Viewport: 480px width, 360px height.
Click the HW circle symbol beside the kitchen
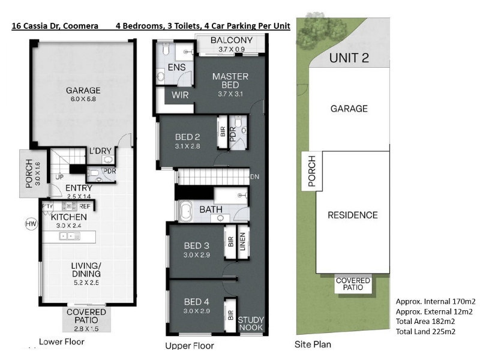coord(31,224)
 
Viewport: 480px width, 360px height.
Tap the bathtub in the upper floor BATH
coord(184,211)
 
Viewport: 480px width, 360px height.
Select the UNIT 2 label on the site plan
coord(349,58)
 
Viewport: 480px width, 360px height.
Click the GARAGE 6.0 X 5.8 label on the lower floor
coord(83,94)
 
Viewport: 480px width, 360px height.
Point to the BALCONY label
coord(232,40)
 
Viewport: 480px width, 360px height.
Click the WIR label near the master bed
coord(180,95)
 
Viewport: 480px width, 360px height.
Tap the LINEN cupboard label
coord(243,242)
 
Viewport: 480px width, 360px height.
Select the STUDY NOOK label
coord(251,323)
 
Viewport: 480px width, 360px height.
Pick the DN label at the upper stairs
coord(254,176)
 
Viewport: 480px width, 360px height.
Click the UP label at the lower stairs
coord(59,177)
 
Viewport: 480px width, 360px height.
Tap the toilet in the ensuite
coord(166,49)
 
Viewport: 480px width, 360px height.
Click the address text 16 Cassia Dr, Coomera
coord(55,26)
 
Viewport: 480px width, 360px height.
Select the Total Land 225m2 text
coord(425,331)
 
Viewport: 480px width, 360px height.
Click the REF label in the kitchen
coord(85,206)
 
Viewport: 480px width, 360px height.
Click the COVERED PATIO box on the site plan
coord(353,284)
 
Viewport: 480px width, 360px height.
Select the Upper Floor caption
coord(190,346)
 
